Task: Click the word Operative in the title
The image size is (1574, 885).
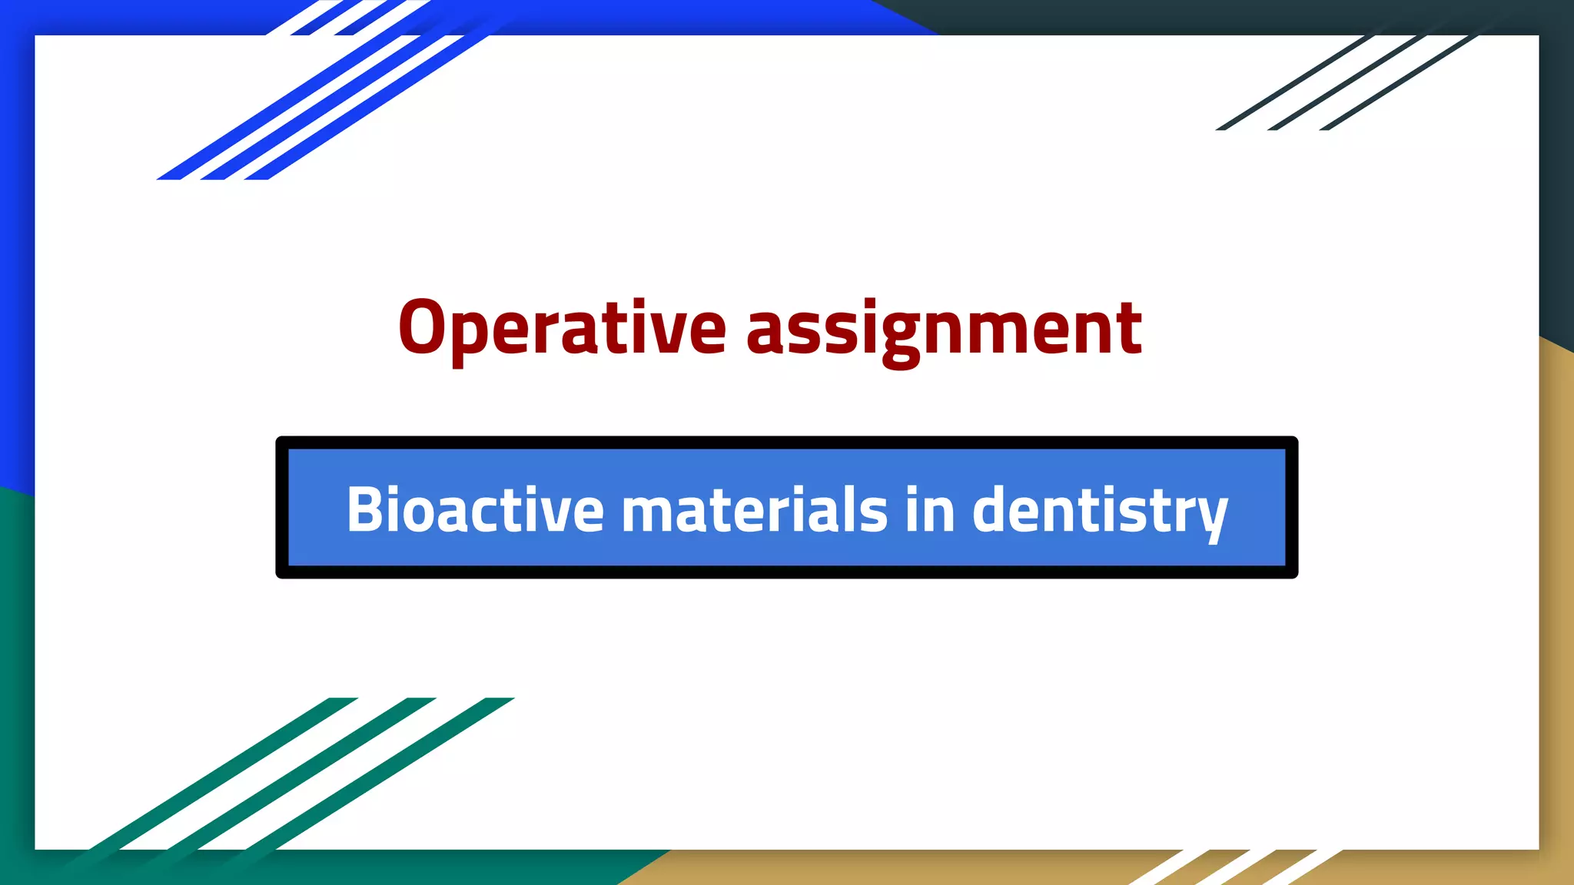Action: pyautogui.click(x=562, y=329)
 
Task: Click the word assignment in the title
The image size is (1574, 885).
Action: pyautogui.click(x=944, y=329)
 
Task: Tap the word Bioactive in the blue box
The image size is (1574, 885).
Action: pyautogui.click(x=475, y=509)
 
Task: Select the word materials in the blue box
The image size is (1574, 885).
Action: pyautogui.click(x=754, y=509)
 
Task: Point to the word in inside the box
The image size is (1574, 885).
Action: pyautogui.click(x=929, y=509)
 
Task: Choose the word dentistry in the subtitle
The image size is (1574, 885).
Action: pyautogui.click(x=1100, y=509)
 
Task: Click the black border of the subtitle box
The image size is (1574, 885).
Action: pyautogui.click(x=786, y=442)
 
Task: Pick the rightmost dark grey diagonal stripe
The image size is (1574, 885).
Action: pyautogui.click(x=1399, y=83)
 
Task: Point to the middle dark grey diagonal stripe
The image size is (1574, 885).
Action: pyautogui.click(x=1347, y=83)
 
